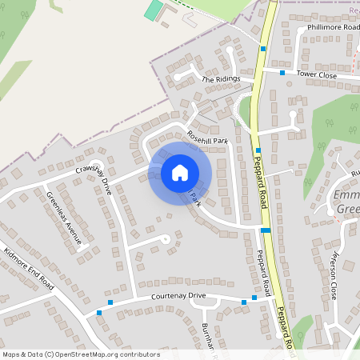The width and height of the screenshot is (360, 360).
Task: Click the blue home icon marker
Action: coord(180,172)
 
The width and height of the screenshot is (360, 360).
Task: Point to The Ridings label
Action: coord(220,80)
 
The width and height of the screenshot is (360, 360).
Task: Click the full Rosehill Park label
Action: coord(207,140)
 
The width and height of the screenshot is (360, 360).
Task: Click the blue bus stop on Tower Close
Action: coord(282,73)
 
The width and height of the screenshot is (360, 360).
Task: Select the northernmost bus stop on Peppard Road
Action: coord(263,49)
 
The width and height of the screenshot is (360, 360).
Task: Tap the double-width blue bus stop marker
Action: coord(266,230)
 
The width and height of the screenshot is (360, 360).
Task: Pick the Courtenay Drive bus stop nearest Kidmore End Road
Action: coord(99,312)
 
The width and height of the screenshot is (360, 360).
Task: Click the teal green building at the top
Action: coord(152,10)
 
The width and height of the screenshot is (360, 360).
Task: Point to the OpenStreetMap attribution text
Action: coord(81,354)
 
